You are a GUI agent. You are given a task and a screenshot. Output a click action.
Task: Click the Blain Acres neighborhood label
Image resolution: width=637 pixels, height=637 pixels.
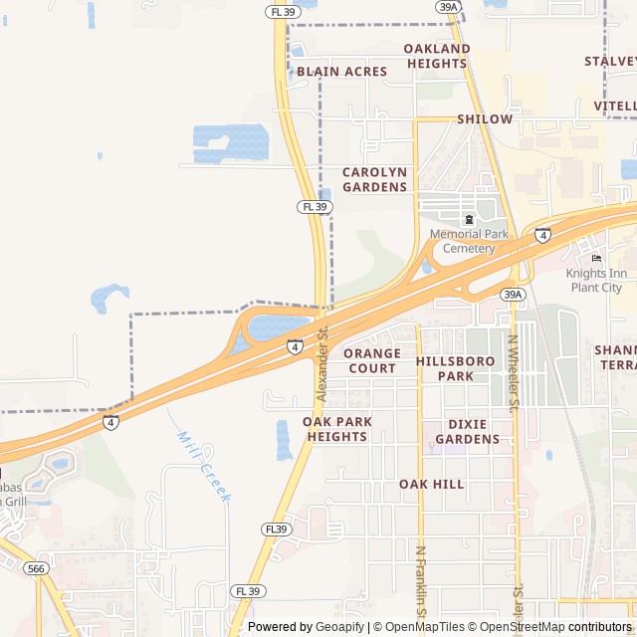click(341, 72)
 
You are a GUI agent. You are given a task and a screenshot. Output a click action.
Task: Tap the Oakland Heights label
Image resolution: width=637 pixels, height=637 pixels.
click(437, 56)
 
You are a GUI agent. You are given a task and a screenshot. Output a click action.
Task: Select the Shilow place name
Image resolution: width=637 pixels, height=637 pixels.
click(485, 119)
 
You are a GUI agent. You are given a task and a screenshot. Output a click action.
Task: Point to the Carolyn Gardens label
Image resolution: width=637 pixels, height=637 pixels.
click(375, 179)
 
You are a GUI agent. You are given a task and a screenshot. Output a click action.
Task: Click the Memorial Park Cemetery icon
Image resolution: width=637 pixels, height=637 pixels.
click(469, 219)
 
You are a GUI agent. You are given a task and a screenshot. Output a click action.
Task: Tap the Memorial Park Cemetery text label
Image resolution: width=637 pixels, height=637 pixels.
click(469, 241)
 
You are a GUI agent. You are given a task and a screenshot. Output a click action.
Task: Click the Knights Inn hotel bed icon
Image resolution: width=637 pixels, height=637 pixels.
click(596, 259)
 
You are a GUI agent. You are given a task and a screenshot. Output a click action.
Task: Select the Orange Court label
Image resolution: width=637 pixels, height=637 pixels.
click(372, 360)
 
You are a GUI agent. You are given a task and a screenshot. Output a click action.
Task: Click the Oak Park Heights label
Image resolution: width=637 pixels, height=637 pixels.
click(337, 429)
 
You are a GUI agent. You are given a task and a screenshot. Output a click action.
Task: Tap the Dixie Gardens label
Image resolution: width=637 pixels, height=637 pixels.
click(467, 431)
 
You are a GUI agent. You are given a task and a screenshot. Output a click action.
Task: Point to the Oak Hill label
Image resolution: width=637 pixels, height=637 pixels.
click(432, 484)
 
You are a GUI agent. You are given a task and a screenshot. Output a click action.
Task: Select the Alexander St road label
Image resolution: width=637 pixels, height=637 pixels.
click(321, 363)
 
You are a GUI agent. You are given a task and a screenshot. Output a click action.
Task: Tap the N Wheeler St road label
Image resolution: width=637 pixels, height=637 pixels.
click(515, 373)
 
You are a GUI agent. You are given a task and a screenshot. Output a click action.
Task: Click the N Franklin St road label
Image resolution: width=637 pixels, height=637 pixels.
click(421, 587)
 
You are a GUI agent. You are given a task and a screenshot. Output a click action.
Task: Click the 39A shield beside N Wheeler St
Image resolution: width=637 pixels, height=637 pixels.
click(513, 295)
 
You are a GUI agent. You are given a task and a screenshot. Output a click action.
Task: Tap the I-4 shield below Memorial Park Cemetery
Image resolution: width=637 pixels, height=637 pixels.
click(541, 235)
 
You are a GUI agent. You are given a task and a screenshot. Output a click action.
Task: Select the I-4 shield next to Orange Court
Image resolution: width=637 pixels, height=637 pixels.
click(296, 346)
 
